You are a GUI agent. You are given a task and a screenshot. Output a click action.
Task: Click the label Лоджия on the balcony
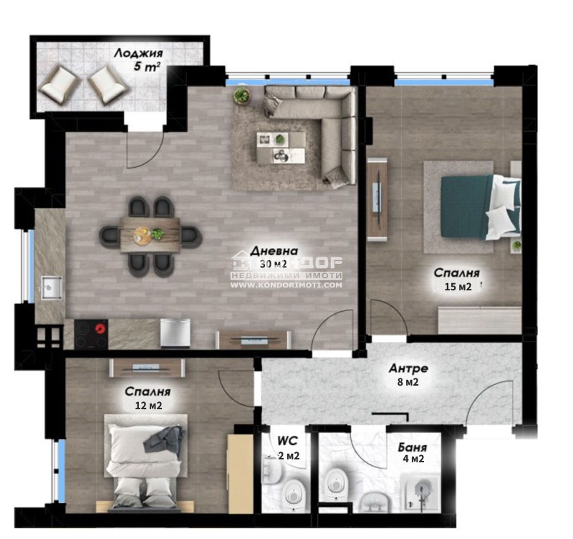(138, 54)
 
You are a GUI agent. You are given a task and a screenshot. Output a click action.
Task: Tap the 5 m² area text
(147, 69)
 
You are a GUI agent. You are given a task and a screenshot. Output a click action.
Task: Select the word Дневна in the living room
(274, 252)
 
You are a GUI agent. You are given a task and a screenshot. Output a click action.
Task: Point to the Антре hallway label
(408, 368)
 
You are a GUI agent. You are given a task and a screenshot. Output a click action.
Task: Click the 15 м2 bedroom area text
(456, 288)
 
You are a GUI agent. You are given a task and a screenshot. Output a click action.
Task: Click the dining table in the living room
(150, 234)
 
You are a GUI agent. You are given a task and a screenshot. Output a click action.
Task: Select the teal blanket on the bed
(466, 206)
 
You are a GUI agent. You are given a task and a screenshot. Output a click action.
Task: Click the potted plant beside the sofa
(243, 95)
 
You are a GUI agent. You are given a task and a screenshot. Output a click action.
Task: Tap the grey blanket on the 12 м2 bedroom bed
(164, 438)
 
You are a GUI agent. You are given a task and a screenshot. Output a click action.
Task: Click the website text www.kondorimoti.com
(286, 285)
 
